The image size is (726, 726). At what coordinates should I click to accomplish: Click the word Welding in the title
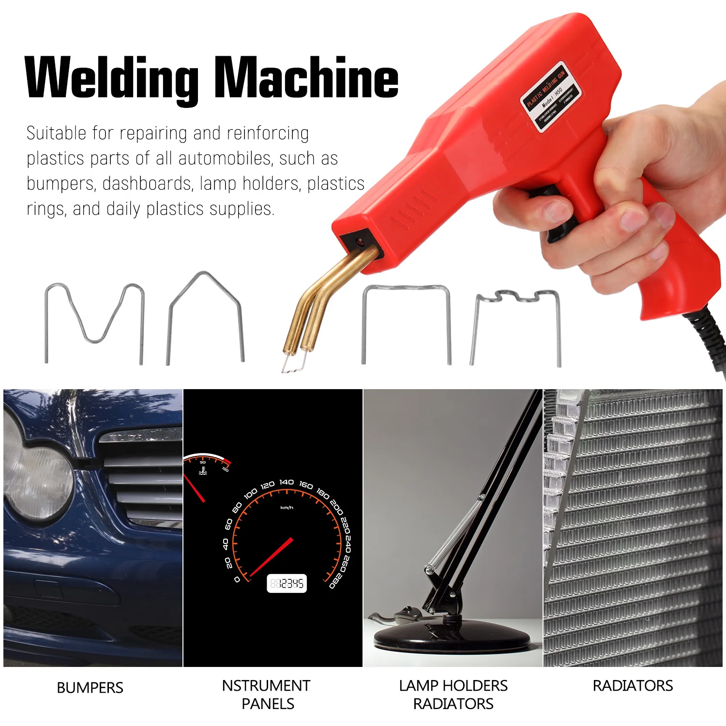click(111, 77)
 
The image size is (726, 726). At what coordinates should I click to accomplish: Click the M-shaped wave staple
click(95, 319)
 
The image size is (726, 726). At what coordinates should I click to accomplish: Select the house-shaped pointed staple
click(205, 315)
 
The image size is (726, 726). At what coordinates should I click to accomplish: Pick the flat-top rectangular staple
click(407, 319)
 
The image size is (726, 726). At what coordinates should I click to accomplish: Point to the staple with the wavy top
click(516, 324)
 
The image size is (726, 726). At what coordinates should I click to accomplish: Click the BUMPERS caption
click(90, 688)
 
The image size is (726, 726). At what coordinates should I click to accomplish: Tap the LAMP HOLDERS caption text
click(454, 686)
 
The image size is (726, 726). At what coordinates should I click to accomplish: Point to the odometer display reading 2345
click(287, 584)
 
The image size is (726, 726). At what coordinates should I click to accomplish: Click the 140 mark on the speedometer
click(287, 482)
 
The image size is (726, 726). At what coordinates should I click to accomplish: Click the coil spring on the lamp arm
click(455, 535)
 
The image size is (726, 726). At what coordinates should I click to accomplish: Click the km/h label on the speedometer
click(287, 508)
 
